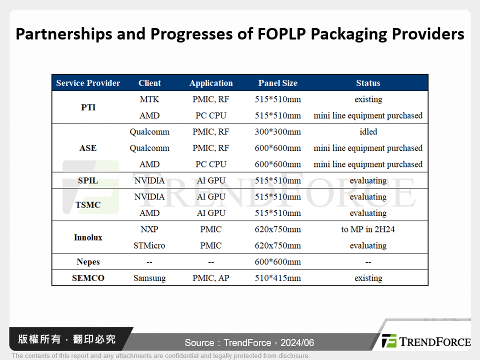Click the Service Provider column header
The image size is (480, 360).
click(x=88, y=83)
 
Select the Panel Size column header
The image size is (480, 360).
click(x=277, y=83)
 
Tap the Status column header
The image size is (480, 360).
click(x=368, y=83)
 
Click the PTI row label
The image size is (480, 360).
click(x=88, y=107)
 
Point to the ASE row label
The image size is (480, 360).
click(x=88, y=148)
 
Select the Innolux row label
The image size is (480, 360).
click(x=88, y=237)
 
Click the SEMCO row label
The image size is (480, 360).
click(x=88, y=278)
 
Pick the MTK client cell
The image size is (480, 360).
click(x=149, y=99)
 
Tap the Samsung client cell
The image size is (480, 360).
click(x=149, y=278)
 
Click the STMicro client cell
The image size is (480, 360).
click(x=149, y=245)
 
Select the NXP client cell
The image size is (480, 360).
click(x=149, y=229)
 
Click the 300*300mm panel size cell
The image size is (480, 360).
click(x=277, y=132)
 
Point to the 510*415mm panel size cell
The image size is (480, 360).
click(x=277, y=278)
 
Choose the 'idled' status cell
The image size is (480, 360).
click(x=368, y=132)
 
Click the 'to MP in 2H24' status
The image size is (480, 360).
click(x=368, y=229)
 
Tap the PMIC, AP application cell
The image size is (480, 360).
click(x=211, y=278)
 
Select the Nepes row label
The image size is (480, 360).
click(x=88, y=262)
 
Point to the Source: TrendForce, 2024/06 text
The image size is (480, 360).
click(x=249, y=342)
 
